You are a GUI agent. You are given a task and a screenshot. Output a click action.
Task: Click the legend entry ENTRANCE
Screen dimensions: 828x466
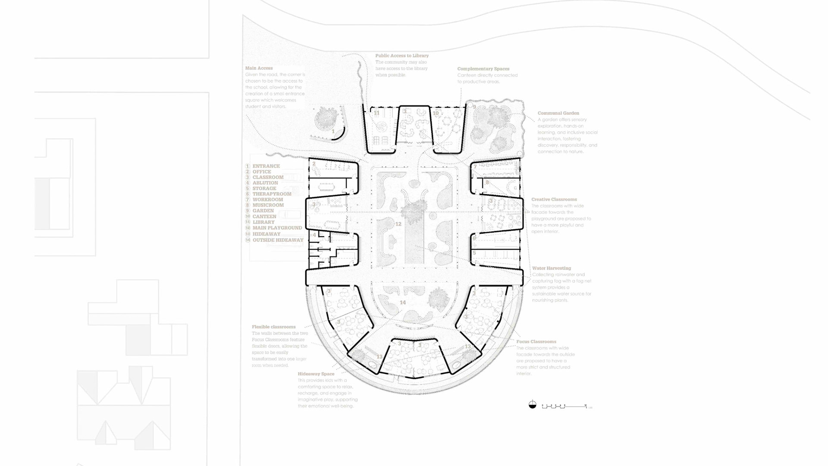[x=266, y=166]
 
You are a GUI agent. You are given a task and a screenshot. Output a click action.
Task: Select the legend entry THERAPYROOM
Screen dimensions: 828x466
[x=272, y=194]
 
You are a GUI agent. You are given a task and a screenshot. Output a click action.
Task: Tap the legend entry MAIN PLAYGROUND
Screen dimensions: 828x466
[x=277, y=228]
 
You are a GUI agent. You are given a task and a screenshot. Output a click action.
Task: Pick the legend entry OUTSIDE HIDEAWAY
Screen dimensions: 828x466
[x=278, y=240]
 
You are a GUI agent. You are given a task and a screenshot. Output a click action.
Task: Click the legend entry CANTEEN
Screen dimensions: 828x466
[x=264, y=217]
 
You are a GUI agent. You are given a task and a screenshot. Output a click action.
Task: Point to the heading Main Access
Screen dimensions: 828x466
[x=259, y=68]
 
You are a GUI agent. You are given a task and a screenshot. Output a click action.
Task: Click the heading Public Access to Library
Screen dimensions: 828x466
[x=402, y=56]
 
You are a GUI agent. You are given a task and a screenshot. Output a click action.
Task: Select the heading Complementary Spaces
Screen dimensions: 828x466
[x=483, y=69]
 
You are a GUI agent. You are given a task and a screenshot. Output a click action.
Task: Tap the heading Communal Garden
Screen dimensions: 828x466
[x=558, y=113]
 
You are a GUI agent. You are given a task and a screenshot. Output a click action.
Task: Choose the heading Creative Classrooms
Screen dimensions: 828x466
[x=554, y=199]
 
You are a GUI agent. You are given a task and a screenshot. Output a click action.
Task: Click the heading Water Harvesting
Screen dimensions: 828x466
[x=551, y=268]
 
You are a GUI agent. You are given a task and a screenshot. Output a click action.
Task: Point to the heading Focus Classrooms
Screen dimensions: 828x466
[x=536, y=342]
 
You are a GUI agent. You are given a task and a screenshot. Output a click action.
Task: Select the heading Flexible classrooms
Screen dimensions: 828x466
[x=273, y=327]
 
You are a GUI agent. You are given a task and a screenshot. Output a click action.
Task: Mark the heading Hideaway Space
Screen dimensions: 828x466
[x=316, y=374]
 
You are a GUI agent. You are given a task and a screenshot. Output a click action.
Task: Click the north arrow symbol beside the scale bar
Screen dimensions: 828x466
[x=533, y=405]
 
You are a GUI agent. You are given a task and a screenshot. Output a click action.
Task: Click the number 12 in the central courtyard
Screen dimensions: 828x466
[x=398, y=224]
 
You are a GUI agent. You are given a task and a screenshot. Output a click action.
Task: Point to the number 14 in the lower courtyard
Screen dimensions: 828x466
[x=402, y=302]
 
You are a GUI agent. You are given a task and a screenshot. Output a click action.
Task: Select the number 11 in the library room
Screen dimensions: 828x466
[x=376, y=113]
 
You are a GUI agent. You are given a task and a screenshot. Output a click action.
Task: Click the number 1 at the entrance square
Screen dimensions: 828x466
[x=333, y=131]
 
